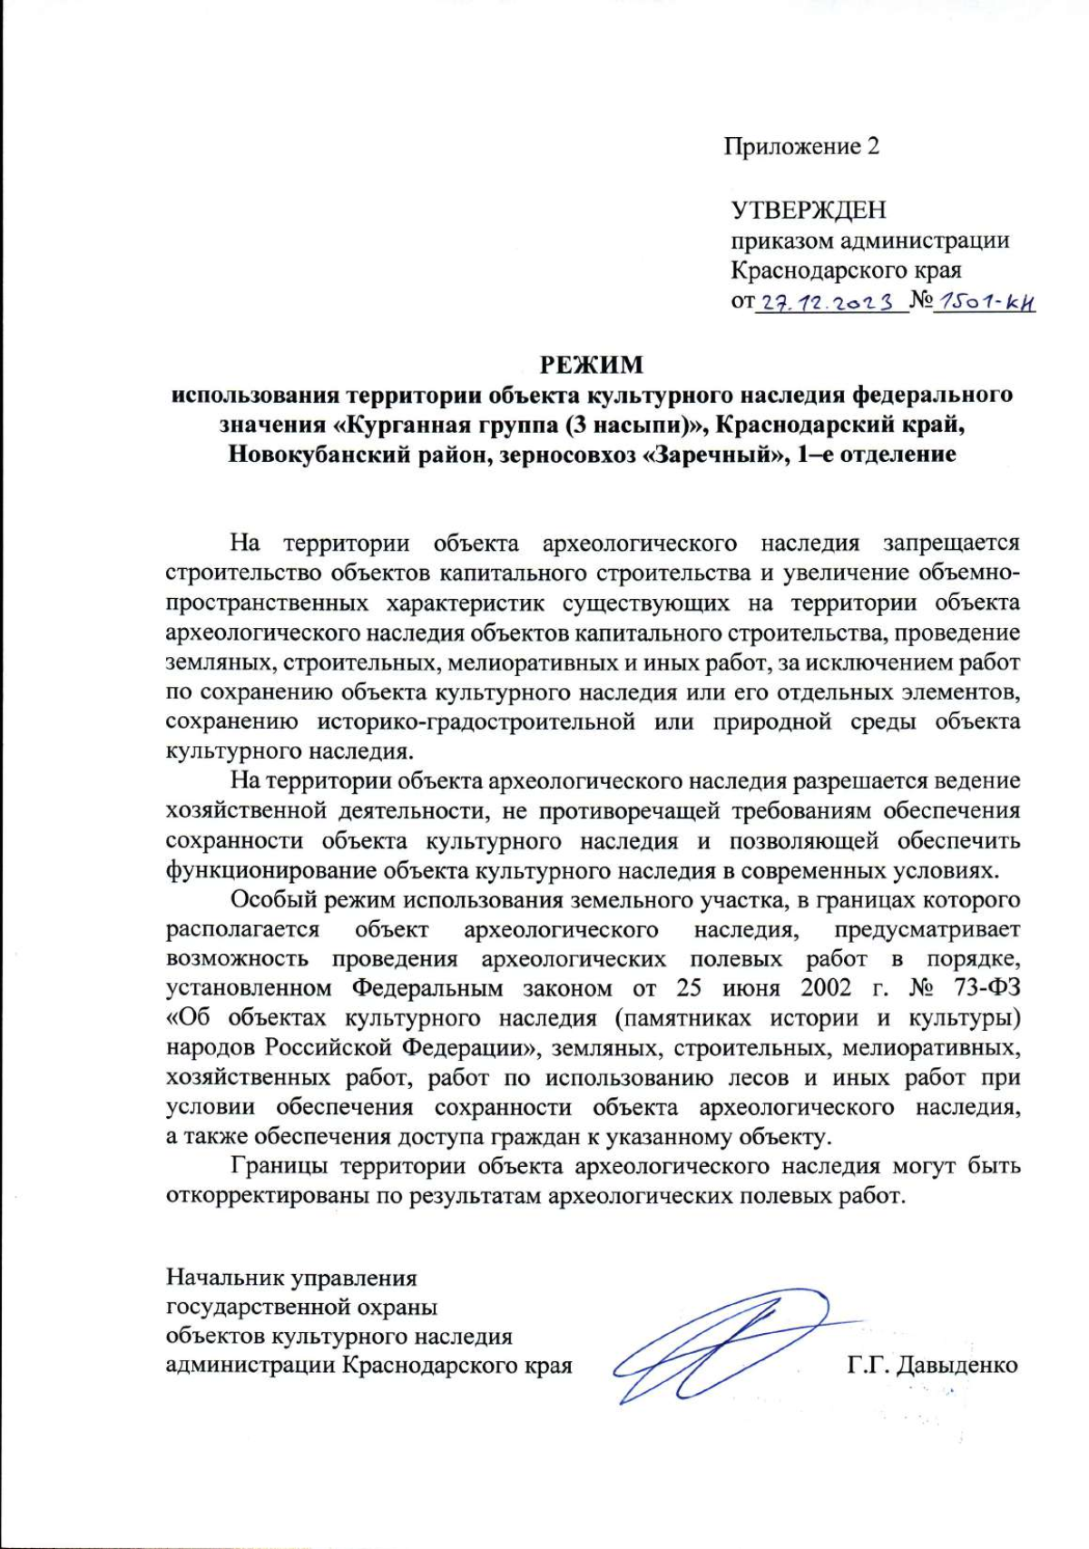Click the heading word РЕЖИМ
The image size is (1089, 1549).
(592, 365)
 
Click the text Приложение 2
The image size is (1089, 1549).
(801, 147)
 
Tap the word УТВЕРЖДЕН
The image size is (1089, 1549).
(809, 211)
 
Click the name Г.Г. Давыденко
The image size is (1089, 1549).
(933, 1365)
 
